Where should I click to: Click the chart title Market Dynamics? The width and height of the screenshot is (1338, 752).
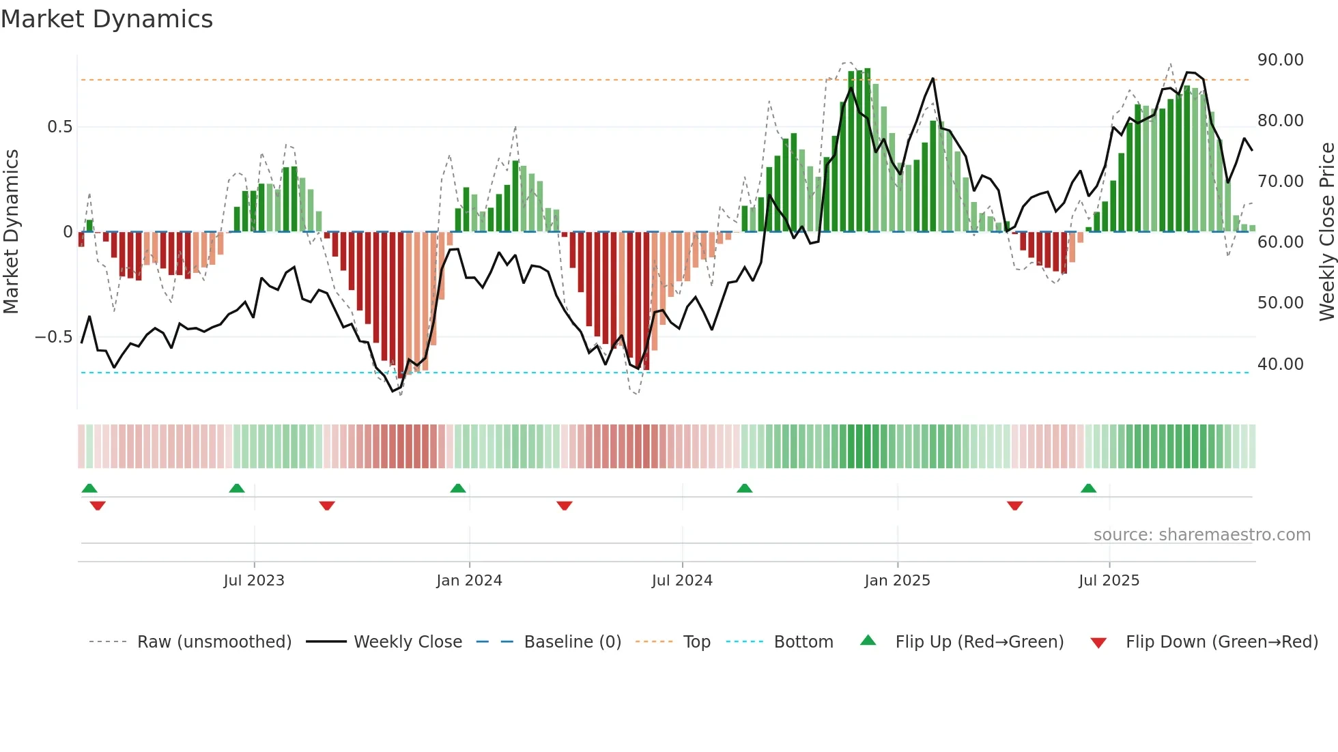click(x=106, y=19)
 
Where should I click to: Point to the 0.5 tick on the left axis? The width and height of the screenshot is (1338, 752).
click(x=59, y=127)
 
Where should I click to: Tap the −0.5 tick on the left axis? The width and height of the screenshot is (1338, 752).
click(x=53, y=337)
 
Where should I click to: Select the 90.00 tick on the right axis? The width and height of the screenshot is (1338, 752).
click(x=1280, y=60)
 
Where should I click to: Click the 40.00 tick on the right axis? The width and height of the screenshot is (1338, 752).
click(x=1280, y=364)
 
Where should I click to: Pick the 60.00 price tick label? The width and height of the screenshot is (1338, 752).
click(x=1280, y=242)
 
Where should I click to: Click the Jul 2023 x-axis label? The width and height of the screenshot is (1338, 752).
click(x=254, y=581)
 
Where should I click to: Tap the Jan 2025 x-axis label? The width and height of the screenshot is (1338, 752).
click(x=897, y=581)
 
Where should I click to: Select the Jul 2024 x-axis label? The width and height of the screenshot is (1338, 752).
click(x=682, y=581)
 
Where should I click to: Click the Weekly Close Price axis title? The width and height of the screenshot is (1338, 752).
click(x=1326, y=232)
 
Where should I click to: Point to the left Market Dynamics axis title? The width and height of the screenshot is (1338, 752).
click(x=11, y=232)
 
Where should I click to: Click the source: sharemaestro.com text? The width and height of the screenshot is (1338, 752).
click(x=1201, y=535)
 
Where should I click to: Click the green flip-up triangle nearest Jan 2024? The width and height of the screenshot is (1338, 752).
click(x=458, y=489)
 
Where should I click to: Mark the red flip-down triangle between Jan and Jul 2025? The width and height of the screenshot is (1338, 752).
click(x=1014, y=506)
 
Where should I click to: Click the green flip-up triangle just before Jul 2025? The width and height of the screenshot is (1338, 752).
click(x=1088, y=489)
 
